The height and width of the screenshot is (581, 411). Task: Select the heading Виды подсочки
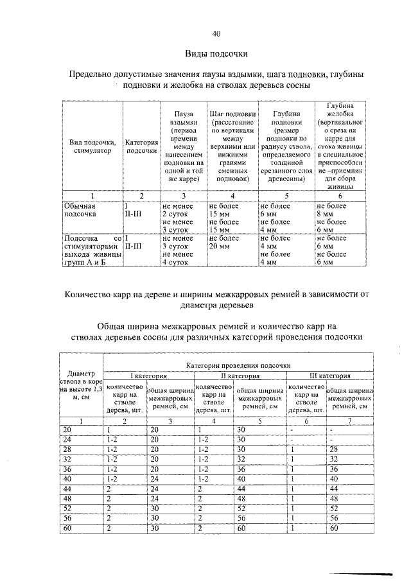coord(216,53)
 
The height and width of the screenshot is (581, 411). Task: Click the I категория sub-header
coord(149,376)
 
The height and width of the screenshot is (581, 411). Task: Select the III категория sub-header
coord(330,376)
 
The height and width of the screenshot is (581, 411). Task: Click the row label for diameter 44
coord(67,489)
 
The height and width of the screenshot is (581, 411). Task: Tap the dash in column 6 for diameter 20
coord(292,429)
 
